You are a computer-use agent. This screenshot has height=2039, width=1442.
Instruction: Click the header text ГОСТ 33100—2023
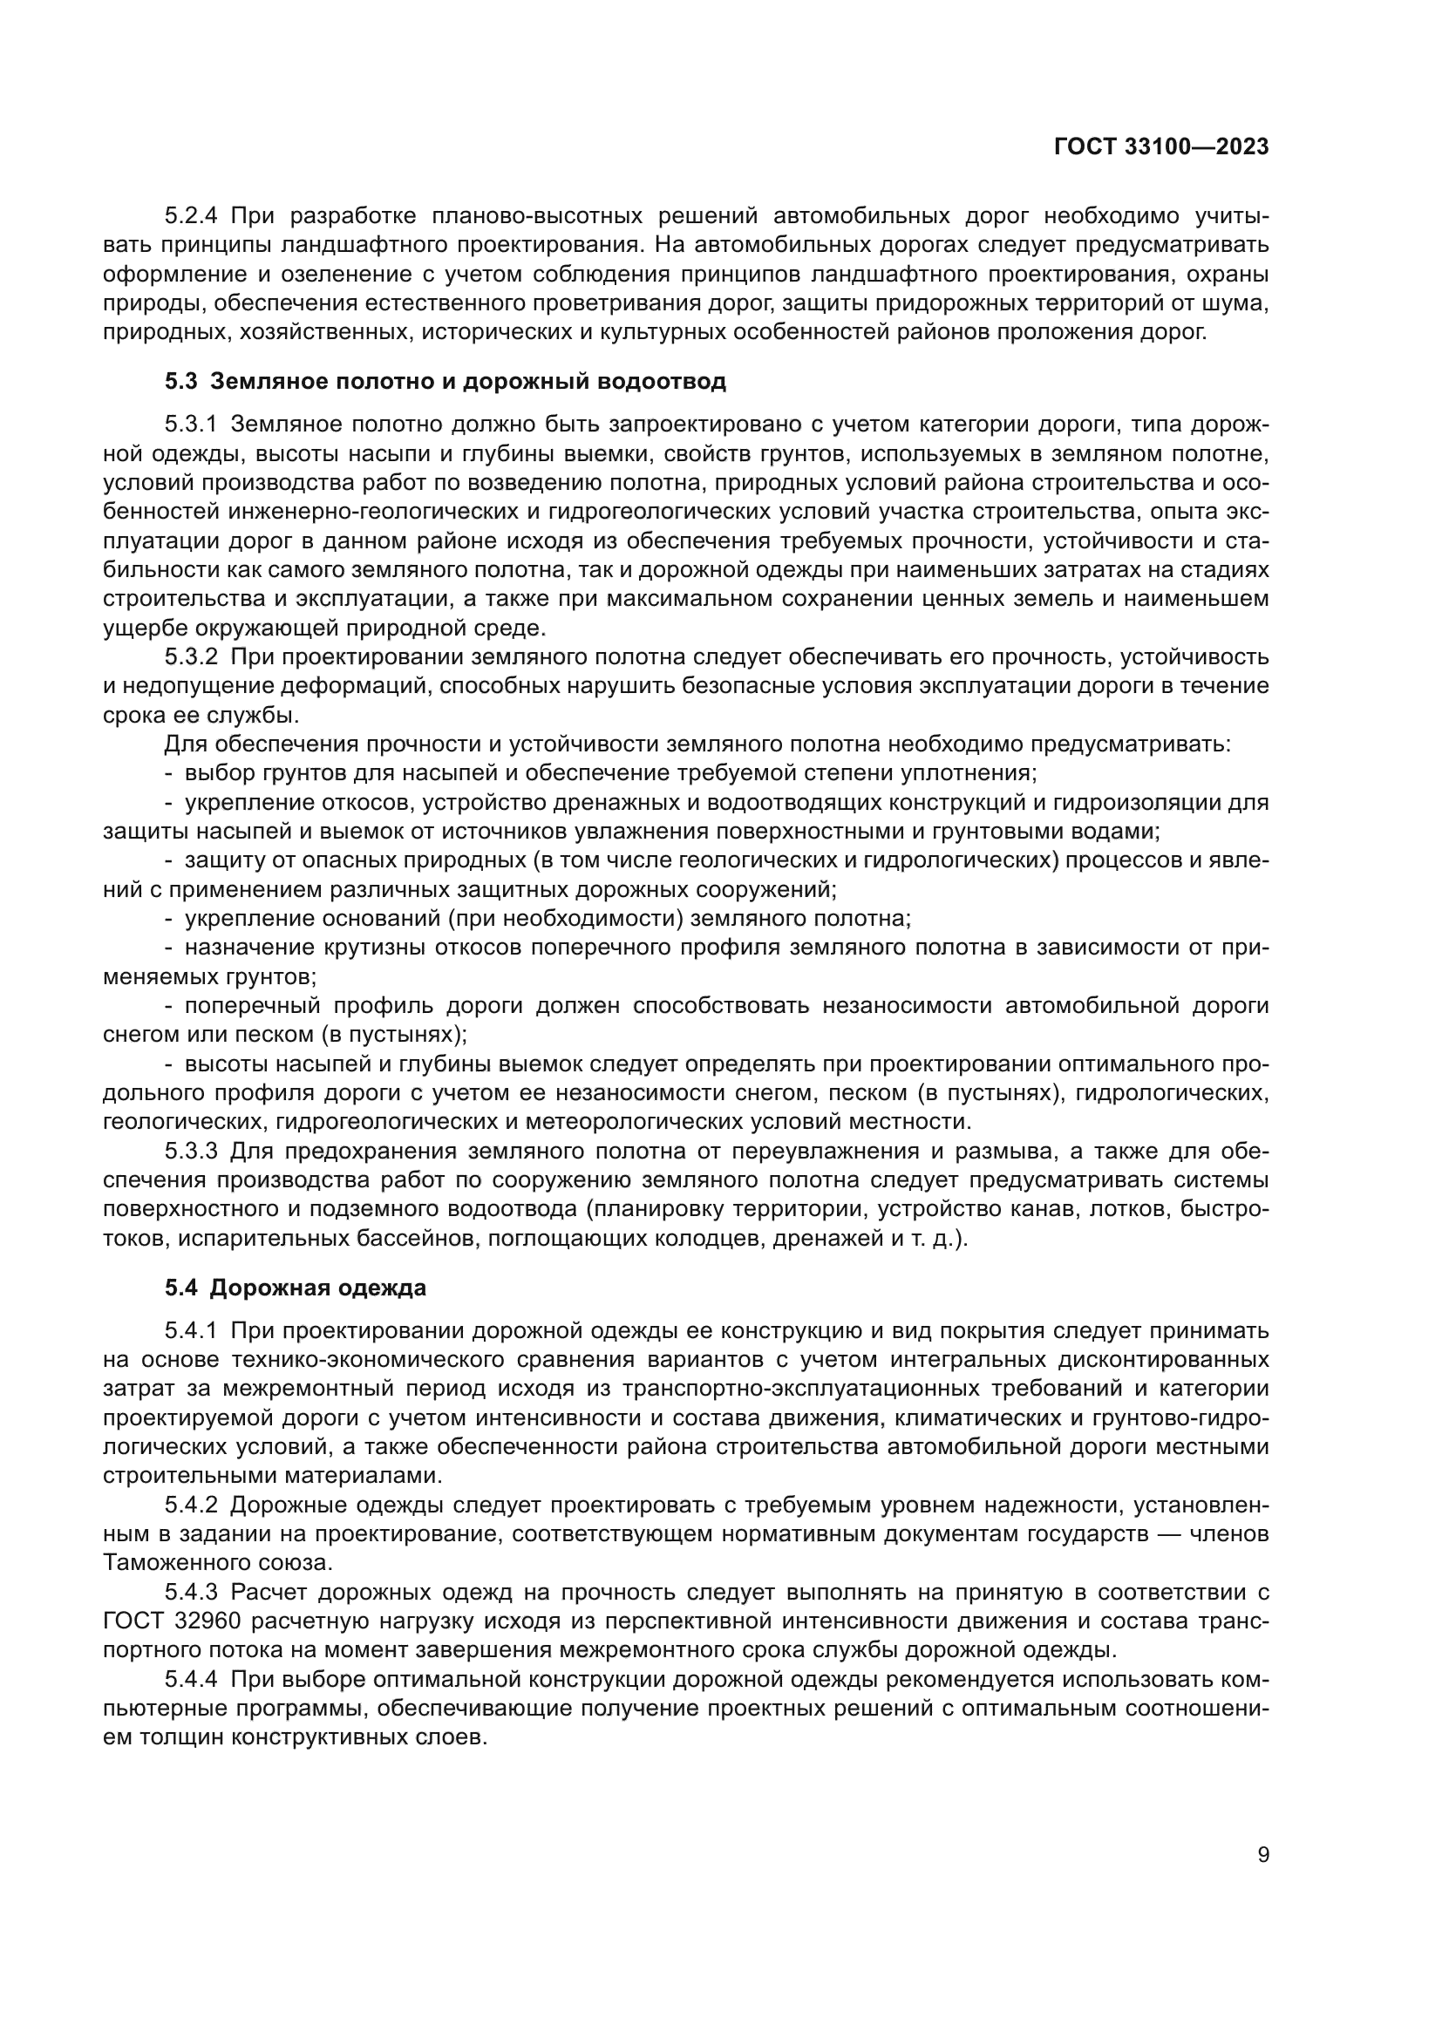(1161, 147)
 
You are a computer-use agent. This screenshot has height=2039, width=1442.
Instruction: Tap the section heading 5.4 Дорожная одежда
(295, 1288)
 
